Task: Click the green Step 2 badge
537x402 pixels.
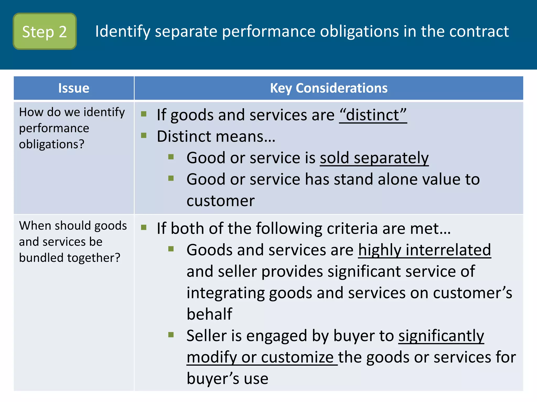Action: click(45, 31)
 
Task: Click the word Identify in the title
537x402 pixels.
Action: click(122, 31)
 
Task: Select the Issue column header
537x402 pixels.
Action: click(74, 88)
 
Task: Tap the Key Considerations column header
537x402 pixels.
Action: click(329, 88)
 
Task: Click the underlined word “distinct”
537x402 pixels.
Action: click(373, 115)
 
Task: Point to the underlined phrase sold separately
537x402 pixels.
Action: click(374, 158)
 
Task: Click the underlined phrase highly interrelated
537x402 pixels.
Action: click(424, 250)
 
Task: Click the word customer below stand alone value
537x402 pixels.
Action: click(221, 201)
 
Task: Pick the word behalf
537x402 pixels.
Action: click(209, 314)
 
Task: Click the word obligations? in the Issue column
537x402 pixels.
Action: click(52, 144)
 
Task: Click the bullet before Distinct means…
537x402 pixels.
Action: click(144, 135)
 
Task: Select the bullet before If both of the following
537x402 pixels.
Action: click(144, 227)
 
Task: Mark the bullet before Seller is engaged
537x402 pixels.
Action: click(171, 334)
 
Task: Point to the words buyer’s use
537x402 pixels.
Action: click(227, 378)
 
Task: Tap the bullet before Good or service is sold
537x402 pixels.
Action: click(171, 157)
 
